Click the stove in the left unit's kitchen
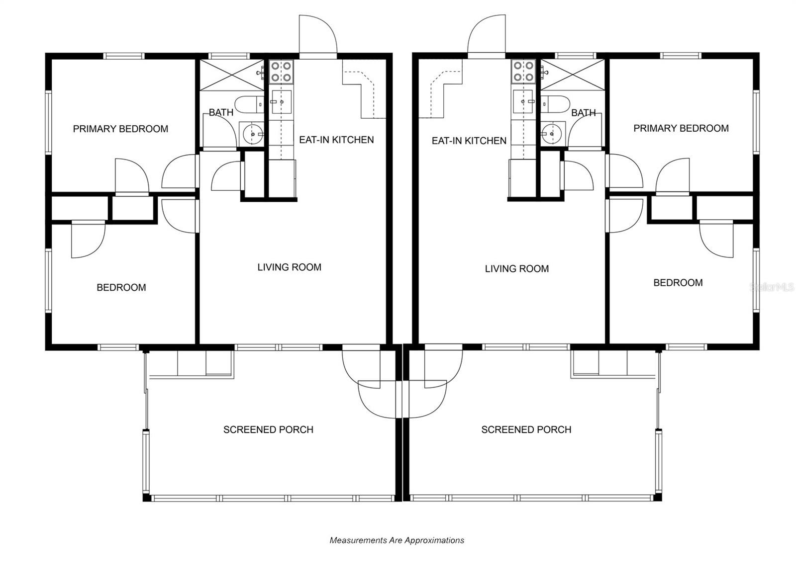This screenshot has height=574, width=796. point(281,72)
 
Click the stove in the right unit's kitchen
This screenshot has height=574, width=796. point(523,72)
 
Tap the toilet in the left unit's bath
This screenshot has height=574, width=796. point(249,104)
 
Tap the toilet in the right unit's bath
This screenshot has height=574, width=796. point(555,104)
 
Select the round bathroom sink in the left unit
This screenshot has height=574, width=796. point(252,134)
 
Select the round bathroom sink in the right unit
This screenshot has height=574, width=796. point(553,134)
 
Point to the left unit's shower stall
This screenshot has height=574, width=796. point(232,75)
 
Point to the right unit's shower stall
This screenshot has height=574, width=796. point(573,75)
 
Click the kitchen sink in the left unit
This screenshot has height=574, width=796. point(282,102)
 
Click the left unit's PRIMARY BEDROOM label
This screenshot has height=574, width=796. point(120,129)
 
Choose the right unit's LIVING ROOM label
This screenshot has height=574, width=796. point(517,269)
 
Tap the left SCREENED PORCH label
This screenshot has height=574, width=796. point(268,429)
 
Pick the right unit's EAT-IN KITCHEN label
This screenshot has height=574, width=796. point(469,141)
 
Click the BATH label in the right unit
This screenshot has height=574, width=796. point(584,113)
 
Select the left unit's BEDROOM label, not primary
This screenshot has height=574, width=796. point(121,287)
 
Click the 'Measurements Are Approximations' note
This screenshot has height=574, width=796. point(397,540)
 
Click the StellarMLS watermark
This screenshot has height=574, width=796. point(772,287)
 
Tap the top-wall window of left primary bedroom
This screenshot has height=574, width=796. point(124,56)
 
